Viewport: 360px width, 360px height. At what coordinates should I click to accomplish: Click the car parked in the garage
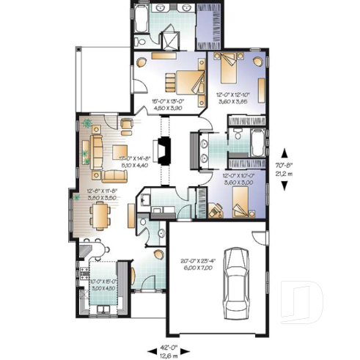pos(237,279)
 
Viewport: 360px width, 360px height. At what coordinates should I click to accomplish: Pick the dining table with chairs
pos(98,216)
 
